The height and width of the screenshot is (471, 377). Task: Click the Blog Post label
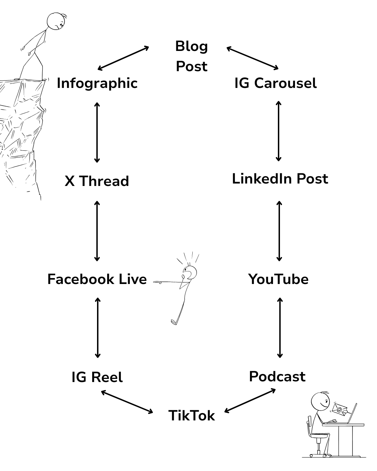click(x=192, y=56)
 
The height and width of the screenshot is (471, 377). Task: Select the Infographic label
click(x=97, y=83)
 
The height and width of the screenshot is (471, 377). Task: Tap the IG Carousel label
click(x=275, y=83)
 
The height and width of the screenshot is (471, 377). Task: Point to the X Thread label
click(x=97, y=181)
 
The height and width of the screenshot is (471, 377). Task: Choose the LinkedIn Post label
click(x=280, y=179)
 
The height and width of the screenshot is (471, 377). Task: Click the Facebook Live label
click(x=97, y=279)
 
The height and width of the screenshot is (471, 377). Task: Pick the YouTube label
click(x=278, y=279)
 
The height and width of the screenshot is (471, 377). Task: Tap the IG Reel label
click(x=97, y=377)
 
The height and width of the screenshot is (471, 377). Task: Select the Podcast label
click(x=277, y=377)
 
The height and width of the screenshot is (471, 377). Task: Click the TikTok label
click(x=192, y=416)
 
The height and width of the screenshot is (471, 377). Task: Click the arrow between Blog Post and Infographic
click(x=123, y=58)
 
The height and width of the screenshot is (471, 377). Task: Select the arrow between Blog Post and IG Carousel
click(x=253, y=58)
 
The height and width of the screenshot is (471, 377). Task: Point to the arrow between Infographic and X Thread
click(x=97, y=133)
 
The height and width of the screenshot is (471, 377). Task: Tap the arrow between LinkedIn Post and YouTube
click(x=279, y=231)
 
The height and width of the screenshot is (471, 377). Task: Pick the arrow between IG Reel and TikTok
click(x=127, y=402)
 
